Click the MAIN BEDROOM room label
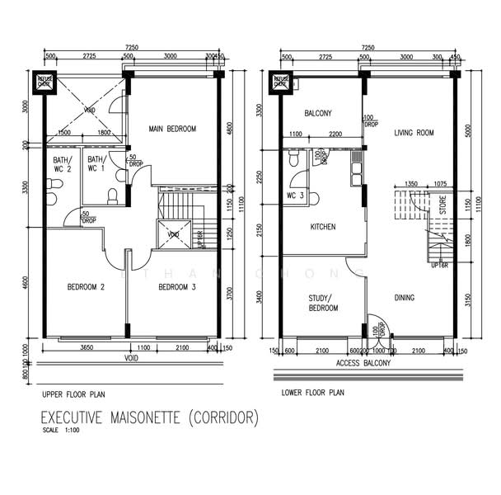pos(172,129)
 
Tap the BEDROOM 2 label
pos(85,287)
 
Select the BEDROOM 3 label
pos(176,287)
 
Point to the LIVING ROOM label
pos(414,132)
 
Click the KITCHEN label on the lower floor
pos(322,226)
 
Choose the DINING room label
pos(404,298)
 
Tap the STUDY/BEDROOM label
pos(322,303)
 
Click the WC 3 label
pos(296,196)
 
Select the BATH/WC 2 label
pos(63,164)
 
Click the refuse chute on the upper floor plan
pos(44,81)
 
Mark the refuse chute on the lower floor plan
pos(280,81)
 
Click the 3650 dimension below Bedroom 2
pos(85,348)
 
